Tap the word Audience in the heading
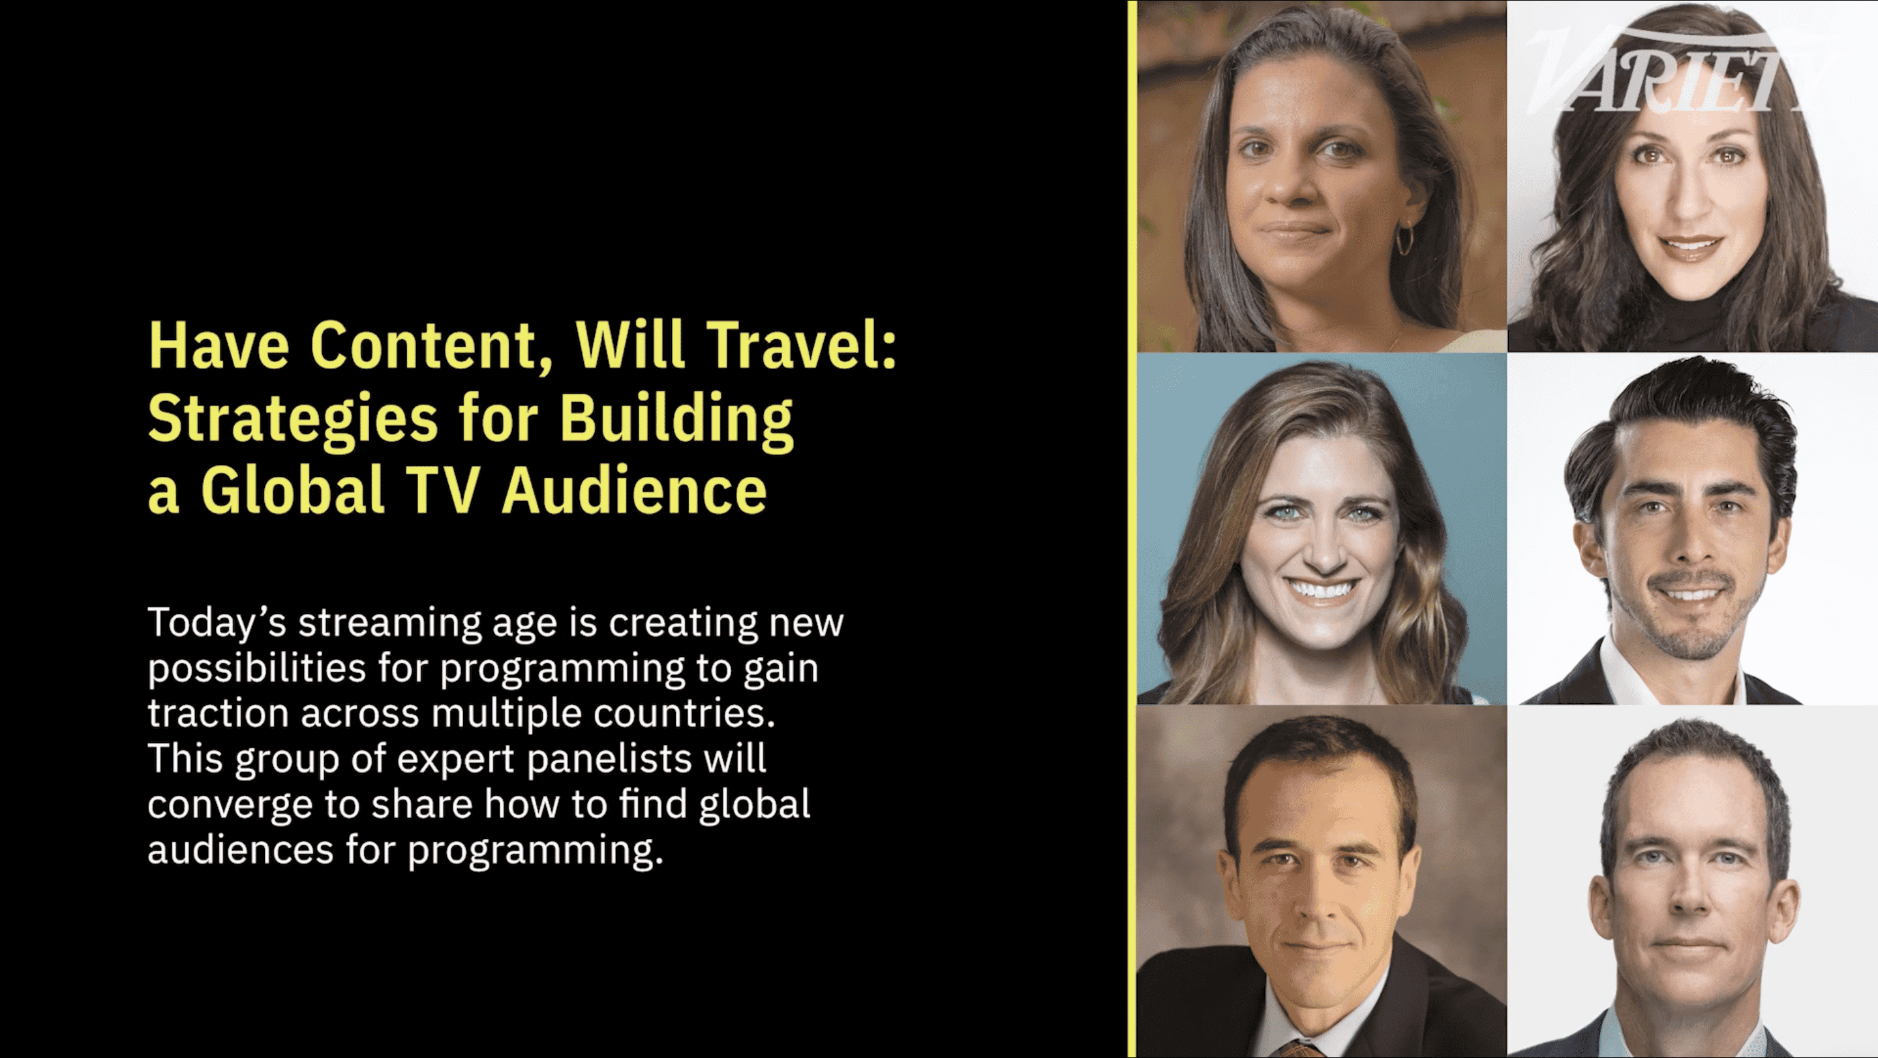point(634,490)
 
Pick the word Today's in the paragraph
point(217,623)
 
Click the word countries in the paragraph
point(684,713)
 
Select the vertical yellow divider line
point(1132,528)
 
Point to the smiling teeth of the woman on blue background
point(1322,588)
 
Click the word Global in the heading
point(292,490)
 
